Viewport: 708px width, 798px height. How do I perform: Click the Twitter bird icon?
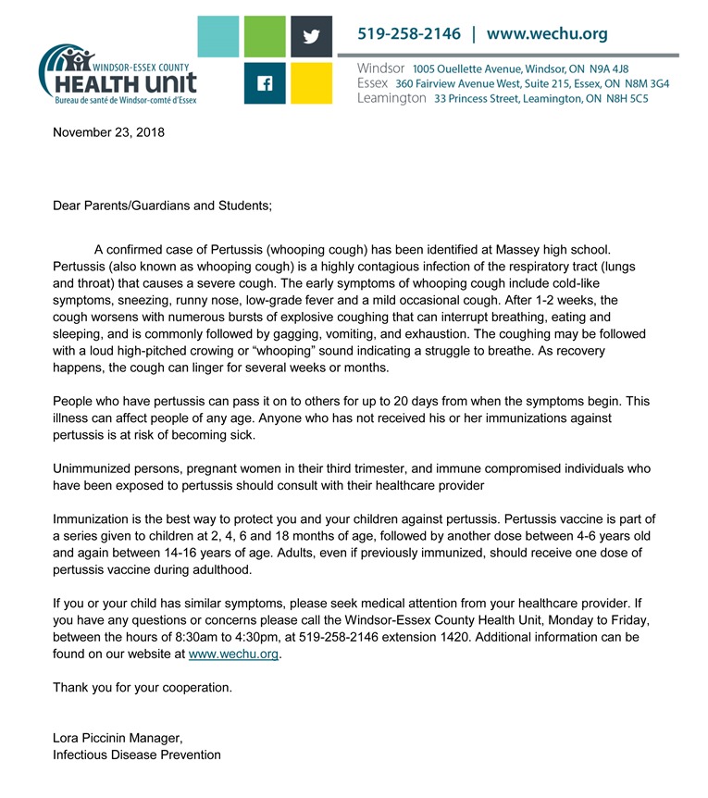[311, 38]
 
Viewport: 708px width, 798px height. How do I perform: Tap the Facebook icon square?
[265, 83]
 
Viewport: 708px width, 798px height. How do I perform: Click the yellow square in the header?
[311, 83]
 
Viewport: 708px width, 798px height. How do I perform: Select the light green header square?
[265, 38]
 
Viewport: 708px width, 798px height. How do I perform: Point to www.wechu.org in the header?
[547, 34]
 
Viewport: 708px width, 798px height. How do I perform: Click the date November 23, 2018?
[108, 132]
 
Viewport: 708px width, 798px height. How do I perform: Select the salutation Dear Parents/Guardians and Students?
[163, 204]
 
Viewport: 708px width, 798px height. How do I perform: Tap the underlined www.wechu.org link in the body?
[233, 655]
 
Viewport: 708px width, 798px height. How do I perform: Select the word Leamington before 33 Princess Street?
[391, 98]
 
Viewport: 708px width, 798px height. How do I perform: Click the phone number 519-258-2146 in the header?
[409, 34]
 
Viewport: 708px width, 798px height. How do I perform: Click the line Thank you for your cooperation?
[143, 688]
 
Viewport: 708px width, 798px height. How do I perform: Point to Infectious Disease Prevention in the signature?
[137, 754]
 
